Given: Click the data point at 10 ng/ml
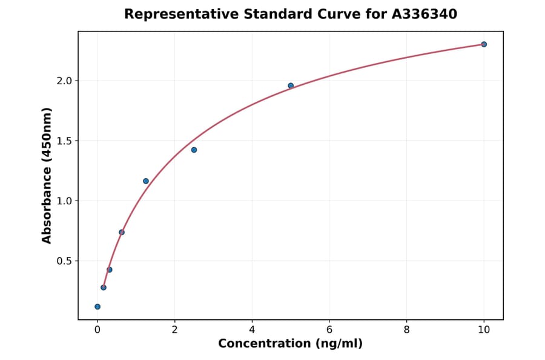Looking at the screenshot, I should click(x=484, y=44).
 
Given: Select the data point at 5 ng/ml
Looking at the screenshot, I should click(x=291, y=85).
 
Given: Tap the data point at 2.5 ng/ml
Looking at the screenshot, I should click(x=194, y=150).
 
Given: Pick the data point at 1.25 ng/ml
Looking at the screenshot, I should click(x=146, y=181).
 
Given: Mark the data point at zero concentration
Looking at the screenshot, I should click(x=97, y=307).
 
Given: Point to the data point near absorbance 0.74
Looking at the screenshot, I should click(x=122, y=232).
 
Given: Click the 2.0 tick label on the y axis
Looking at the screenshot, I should click(x=63, y=81).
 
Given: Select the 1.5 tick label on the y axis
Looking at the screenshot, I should click(x=63, y=141).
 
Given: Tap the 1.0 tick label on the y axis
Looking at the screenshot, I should click(x=63, y=201).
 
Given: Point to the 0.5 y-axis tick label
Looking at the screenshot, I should click(x=63, y=261).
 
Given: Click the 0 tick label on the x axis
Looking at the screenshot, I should click(x=97, y=330).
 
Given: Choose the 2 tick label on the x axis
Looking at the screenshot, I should click(x=174, y=330).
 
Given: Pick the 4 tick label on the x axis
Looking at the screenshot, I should click(x=252, y=330).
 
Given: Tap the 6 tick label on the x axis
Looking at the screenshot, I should click(x=329, y=330).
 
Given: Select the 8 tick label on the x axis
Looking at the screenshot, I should click(x=406, y=330).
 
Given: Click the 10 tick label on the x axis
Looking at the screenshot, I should click(x=484, y=330).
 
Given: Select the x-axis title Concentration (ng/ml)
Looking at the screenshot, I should click(x=291, y=344).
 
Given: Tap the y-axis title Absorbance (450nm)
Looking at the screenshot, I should click(x=47, y=175).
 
